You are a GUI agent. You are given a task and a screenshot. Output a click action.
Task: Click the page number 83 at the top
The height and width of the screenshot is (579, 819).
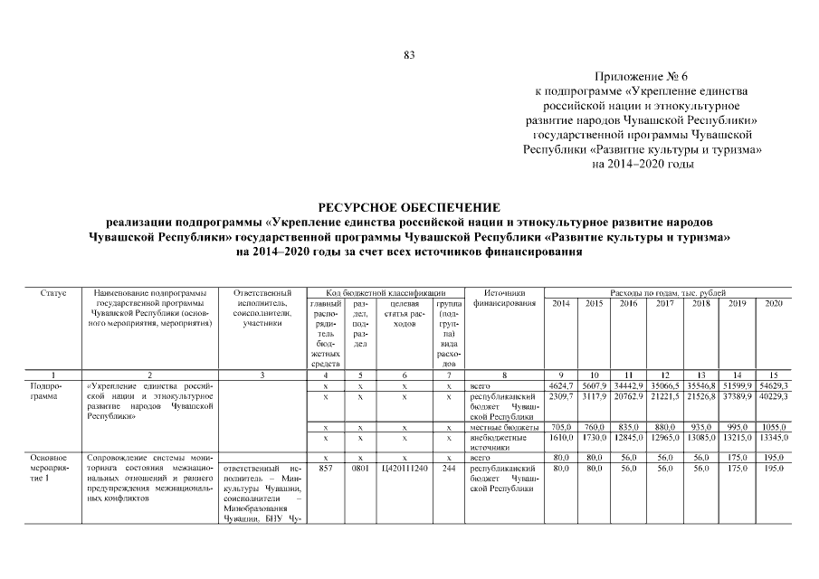pos(409,56)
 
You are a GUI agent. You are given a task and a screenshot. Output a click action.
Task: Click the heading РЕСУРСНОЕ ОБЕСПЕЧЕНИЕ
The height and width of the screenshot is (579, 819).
pos(409,207)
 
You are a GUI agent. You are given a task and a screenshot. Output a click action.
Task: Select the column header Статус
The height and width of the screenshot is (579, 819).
pos(52,293)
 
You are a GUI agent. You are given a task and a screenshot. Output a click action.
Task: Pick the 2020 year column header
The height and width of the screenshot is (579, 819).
pos(773,303)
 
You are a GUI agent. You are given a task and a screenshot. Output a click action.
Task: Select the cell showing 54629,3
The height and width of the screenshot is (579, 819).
pos(773,385)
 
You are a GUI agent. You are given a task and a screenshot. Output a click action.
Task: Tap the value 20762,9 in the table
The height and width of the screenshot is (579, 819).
pos(629,395)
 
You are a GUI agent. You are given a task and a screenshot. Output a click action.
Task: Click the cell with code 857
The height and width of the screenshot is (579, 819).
pos(326,469)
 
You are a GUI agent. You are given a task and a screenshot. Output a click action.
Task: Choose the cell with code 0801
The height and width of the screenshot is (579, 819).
pos(359,469)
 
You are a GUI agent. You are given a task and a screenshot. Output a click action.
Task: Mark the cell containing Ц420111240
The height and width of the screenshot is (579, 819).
pos(404,469)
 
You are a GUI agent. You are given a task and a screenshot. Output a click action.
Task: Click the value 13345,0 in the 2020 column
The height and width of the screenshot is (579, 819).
pos(773,437)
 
